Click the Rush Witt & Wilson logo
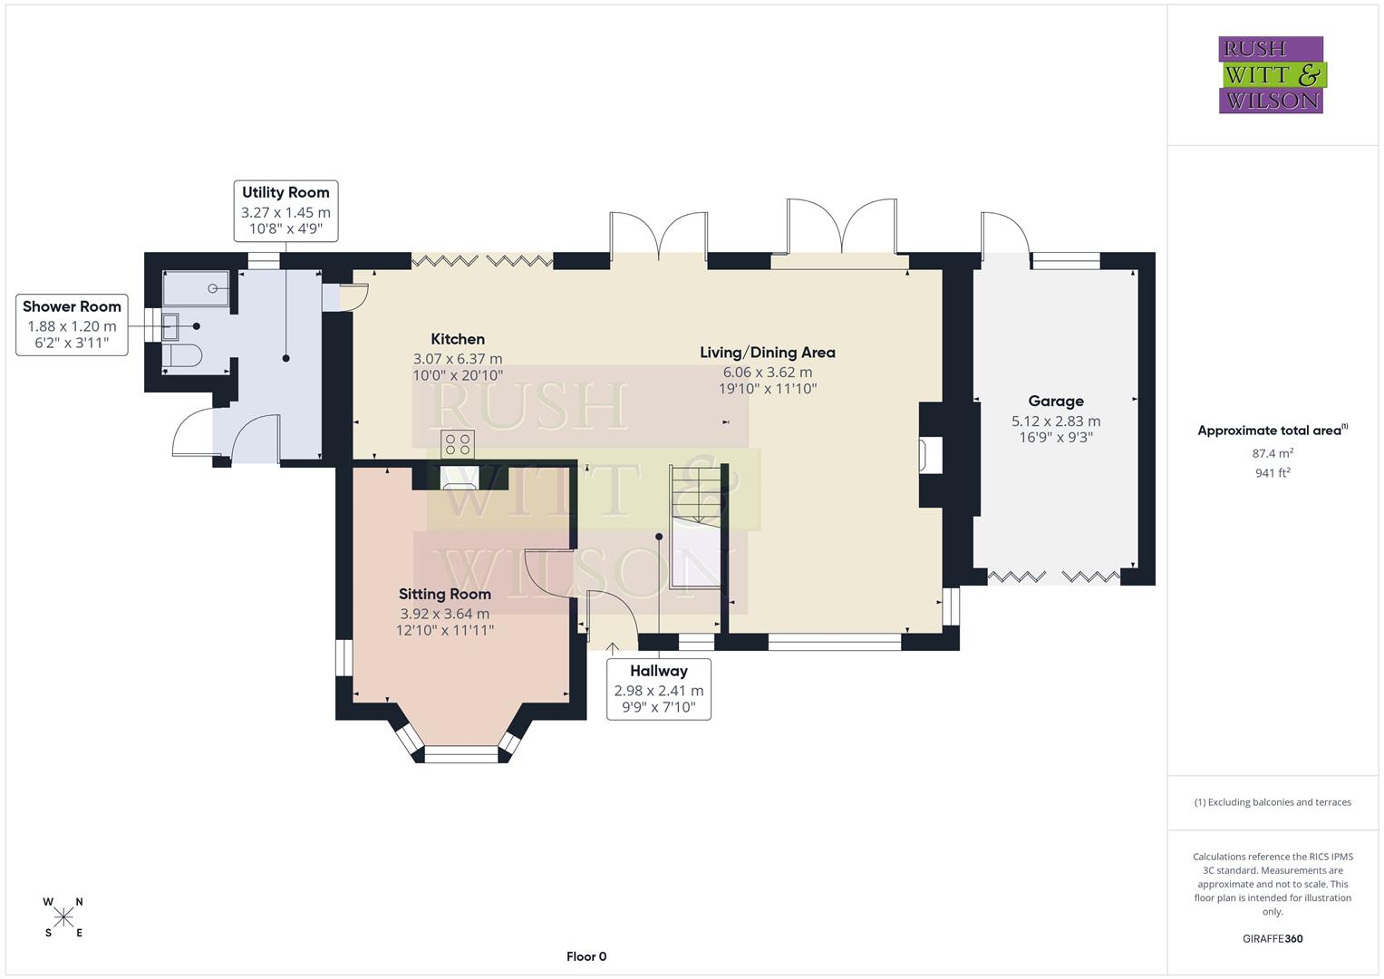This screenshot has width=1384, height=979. tap(1271, 75)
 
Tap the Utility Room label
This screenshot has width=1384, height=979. tap(286, 192)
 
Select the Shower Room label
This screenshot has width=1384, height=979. tap(72, 306)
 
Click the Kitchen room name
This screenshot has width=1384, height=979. tap(458, 339)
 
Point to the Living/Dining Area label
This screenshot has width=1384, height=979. tap(767, 353)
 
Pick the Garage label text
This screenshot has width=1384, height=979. tap(1056, 401)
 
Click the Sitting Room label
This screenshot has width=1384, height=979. tap(445, 594)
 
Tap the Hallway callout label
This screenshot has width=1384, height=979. tap(659, 671)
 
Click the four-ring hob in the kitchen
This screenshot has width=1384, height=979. tap(458, 444)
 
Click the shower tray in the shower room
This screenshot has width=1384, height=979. tap(196, 288)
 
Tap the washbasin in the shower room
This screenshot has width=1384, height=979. tap(170, 325)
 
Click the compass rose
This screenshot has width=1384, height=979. tap(63, 917)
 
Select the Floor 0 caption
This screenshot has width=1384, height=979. tap(586, 956)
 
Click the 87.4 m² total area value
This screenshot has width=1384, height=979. tap(1273, 453)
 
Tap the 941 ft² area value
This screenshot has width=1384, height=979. tap(1273, 472)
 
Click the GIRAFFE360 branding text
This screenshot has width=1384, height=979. tap(1273, 938)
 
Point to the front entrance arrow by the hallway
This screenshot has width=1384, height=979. tap(613, 647)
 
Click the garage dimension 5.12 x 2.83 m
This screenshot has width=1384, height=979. tap(1056, 421)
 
